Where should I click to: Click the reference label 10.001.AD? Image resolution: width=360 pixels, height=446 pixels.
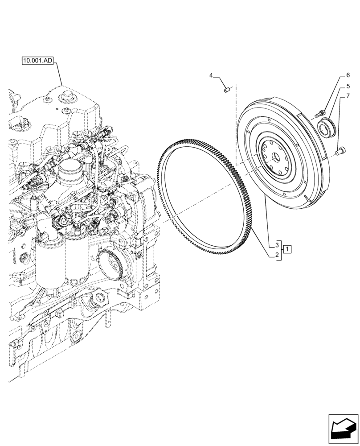pyautogui.click(x=37, y=60)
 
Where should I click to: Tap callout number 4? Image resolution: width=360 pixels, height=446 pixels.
pyautogui.click(x=211, y=76)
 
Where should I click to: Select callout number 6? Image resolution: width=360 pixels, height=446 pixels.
pyautogui.click(x=348, y=75)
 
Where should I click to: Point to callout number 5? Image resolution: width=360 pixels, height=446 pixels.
pyautogui.click(x=348, y=86)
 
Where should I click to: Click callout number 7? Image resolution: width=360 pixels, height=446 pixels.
pyautogui.click(x=348, y=96)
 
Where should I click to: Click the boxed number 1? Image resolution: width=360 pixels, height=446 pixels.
pyautogui.click(x=288, y=249)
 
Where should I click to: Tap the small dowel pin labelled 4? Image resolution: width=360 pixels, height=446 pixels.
pyautogui.click(x=226, y=91)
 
